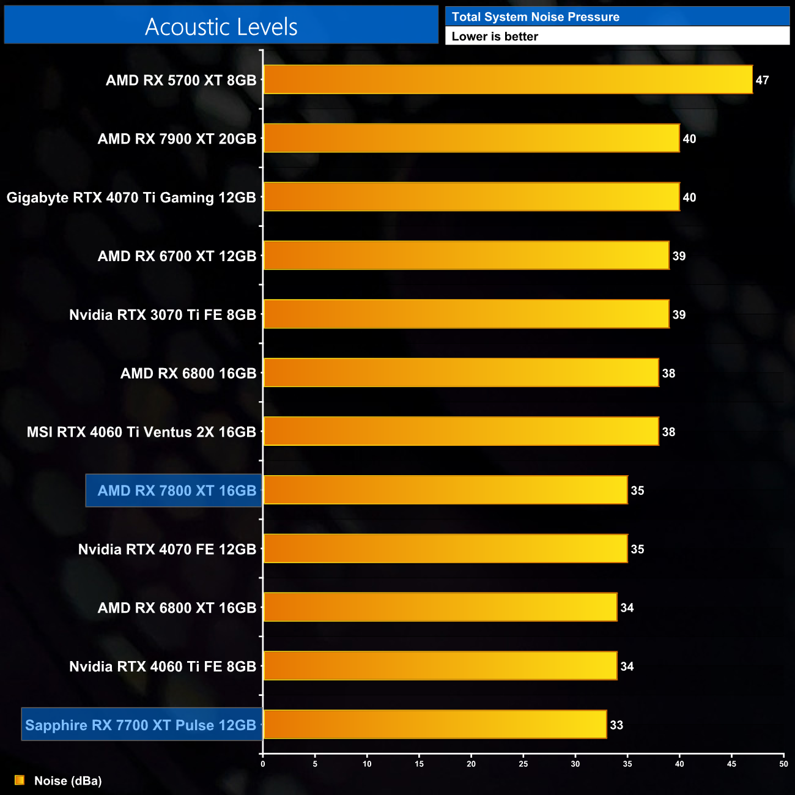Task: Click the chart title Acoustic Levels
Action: click(221, 27)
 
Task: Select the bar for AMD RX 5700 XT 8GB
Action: click(508, 79)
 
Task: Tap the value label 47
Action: click(762, 80)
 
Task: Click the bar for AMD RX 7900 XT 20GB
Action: click(471, 138)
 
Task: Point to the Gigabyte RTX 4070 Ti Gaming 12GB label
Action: click(131, 198)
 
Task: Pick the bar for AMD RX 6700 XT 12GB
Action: click(466, 256)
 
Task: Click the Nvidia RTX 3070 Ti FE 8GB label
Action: click(163, 315)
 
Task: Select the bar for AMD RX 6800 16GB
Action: click(460, 373)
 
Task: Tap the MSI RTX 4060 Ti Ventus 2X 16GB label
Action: click(141, 432)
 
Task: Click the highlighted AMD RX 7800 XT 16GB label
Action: click(177, 490)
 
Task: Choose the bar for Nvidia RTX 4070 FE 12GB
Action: click(445, 549)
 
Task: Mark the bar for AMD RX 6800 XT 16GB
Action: click(440, 607)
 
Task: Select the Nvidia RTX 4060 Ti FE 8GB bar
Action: click(440, 666)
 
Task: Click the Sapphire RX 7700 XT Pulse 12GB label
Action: click(141, 725)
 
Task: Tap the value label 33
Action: click(616, 725)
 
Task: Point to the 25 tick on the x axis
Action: click(523, 764)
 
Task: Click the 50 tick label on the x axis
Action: click(783, 764)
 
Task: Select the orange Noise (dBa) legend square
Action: click(20, 780)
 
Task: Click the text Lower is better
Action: click(495, 37)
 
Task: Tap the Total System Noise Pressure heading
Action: click(535, 17)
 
